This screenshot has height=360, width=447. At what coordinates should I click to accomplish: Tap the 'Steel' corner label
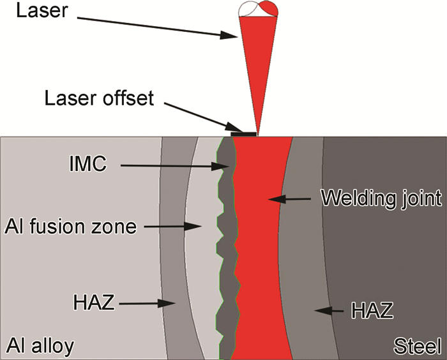click(x=416, y=347)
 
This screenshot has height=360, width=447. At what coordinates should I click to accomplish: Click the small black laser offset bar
click(x=244, y=134)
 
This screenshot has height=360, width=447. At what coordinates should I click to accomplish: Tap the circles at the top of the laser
click(x=257, y=8)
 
